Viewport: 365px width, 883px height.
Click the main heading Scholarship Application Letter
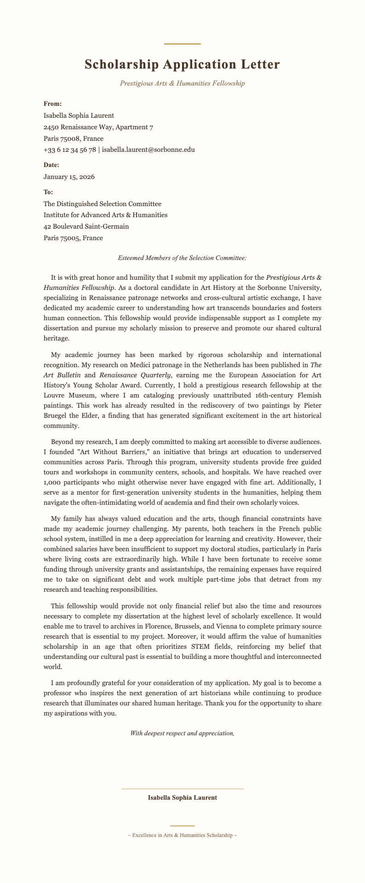coord(182,64)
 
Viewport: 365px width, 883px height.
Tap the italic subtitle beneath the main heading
coord(182,83)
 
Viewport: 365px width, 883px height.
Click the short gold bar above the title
coord(182,44)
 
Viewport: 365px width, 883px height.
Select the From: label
coord(52,104)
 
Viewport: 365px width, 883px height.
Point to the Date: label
coord(51,165)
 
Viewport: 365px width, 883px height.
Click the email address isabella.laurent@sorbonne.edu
coord(148,150)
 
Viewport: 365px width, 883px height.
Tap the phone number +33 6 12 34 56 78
coord(69,150)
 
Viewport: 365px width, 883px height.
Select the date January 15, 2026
coord(69,177)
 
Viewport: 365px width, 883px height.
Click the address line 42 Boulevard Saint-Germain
coord(86,226)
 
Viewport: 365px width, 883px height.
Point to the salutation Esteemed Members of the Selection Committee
coord(182,258)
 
